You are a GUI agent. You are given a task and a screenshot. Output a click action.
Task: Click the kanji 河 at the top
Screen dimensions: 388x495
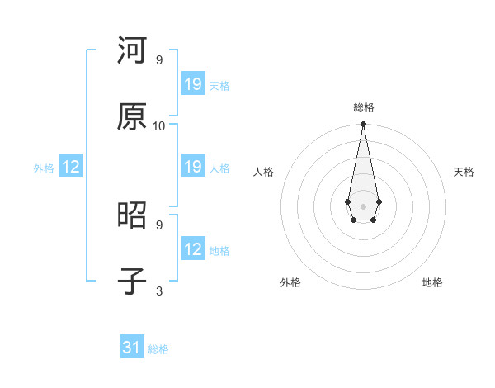click(x=132, y=51)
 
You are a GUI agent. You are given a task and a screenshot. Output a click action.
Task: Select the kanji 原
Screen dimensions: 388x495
click(x=132, y=116)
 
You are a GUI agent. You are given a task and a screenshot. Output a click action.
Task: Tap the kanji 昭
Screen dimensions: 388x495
click(x=132, y=216)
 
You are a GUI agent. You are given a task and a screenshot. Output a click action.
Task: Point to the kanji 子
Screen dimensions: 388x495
click(x=132, y=282)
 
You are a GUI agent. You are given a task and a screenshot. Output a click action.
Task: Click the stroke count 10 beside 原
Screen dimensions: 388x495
click(x=159, y=125)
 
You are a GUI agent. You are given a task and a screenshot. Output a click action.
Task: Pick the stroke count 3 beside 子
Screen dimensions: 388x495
click(x=159, y=291)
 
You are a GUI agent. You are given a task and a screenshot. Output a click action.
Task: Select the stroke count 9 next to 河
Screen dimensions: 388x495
click(x=159, y=60)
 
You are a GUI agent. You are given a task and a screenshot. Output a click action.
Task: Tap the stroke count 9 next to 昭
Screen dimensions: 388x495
click(x=159, y=225)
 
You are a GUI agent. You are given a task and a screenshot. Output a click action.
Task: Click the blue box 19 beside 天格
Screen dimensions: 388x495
click(x=193, y=84)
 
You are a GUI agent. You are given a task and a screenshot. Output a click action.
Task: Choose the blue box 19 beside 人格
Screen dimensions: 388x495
click(x=193, y=167)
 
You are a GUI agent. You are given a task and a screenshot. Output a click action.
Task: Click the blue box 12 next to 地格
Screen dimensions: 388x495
click(x=193, y=249)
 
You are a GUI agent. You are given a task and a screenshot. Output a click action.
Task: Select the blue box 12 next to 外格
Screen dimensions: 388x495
click(x=71, y=167)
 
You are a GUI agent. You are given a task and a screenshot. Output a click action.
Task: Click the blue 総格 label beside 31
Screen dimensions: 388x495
click(x=158, y=349)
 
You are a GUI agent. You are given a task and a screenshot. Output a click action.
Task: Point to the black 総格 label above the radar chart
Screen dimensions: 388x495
click(x=363, y=107)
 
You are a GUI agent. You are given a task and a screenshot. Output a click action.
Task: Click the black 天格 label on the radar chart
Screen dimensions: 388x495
click(x=464, y=172)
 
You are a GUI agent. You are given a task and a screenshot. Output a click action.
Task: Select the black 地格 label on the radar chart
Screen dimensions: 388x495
click(x=432, y=283)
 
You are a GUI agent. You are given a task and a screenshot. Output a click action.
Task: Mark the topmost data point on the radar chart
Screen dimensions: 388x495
click(x=363, y=125)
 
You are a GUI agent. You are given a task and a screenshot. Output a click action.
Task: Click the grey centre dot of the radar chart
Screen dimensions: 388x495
click(x=363, y=205)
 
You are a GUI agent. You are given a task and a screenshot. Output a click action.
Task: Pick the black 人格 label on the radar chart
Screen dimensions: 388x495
click(x=263, y=172)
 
